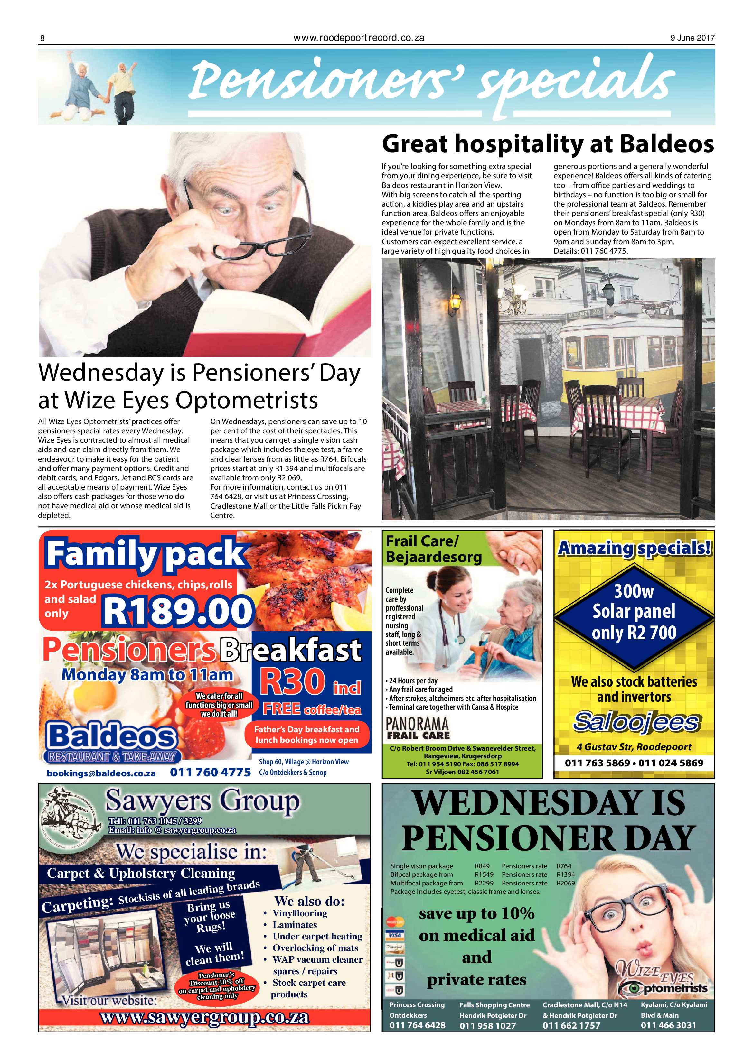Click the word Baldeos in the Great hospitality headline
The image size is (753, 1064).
[x=667, y=144]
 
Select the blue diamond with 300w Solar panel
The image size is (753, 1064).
[x=634, y=613]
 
